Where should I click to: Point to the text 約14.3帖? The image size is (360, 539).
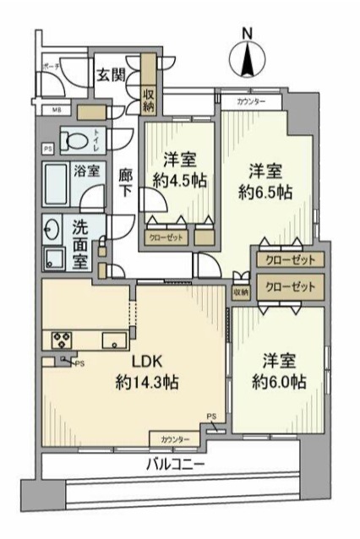coord(146,383)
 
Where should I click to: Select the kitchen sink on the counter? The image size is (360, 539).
coord(112,340)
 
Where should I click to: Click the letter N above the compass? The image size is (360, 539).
coord(247,33)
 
